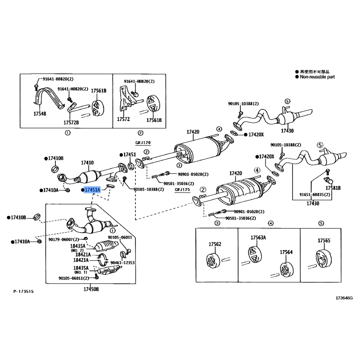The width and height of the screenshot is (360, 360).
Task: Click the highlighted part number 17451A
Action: [92, 190]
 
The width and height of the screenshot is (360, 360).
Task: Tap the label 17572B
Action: [71, 122]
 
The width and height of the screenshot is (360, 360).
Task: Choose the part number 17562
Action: [215, 244]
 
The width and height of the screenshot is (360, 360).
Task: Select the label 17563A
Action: [258, 238]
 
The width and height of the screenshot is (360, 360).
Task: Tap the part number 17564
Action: [286, 252]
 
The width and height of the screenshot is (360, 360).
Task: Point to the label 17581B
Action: [333, 188]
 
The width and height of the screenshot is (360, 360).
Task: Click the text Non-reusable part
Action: [317, 77]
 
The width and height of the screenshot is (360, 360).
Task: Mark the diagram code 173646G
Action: [344, 298]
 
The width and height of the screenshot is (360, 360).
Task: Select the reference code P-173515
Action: [23, 292]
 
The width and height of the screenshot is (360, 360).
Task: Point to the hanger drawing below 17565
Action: [321, 258]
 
